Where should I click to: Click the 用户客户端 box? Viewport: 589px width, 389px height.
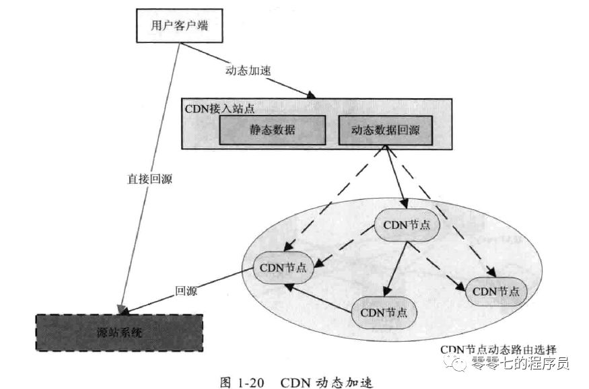180,26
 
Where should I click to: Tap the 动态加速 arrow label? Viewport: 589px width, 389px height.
248,71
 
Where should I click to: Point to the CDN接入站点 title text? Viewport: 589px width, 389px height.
219,108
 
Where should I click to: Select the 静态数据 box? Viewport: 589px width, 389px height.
273,130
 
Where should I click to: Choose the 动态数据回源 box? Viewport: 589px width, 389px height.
386,130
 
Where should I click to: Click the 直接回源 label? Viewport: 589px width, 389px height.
150,179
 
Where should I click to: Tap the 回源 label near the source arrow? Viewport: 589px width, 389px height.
186,291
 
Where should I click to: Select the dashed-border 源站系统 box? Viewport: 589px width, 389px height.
119,332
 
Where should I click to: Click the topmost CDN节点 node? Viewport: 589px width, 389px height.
406,225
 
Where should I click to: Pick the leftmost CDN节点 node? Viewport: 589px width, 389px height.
283,268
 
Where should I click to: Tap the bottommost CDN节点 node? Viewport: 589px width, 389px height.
384,312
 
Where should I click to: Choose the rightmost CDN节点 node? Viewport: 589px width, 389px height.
496,291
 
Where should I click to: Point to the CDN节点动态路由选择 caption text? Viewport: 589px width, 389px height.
499,349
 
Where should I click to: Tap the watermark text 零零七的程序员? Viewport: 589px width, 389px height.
520,363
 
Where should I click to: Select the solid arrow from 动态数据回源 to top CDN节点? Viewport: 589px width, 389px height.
396,177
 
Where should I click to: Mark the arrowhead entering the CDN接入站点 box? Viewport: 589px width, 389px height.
311,95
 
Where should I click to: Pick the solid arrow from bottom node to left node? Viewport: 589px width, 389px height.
318,298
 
